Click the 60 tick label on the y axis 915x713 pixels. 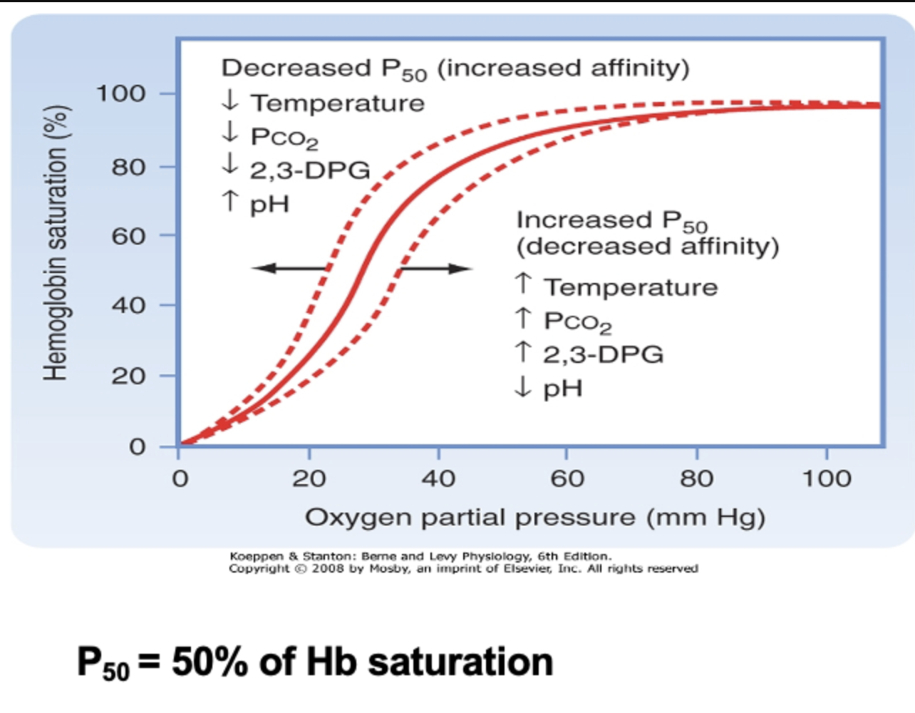point(128,235)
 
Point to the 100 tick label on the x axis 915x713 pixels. point(826,478)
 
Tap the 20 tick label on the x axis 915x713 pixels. point(309,478)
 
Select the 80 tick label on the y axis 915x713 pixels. point(128,167)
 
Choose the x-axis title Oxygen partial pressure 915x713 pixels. point(534,517)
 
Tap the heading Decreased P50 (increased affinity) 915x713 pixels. point(455,68)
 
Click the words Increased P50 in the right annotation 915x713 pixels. point(611,220)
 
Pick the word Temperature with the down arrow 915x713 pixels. point(337,103)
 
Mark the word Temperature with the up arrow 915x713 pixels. point(631,287)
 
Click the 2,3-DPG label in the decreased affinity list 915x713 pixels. point(603,354)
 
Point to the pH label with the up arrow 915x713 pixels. point(269,205)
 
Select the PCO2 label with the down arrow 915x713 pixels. point(284,137)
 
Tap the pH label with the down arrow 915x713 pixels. point(562,389)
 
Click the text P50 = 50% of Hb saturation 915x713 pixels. point(315,662)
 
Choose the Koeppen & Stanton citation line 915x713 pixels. point(420,556)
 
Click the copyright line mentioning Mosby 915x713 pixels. point(463,569)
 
